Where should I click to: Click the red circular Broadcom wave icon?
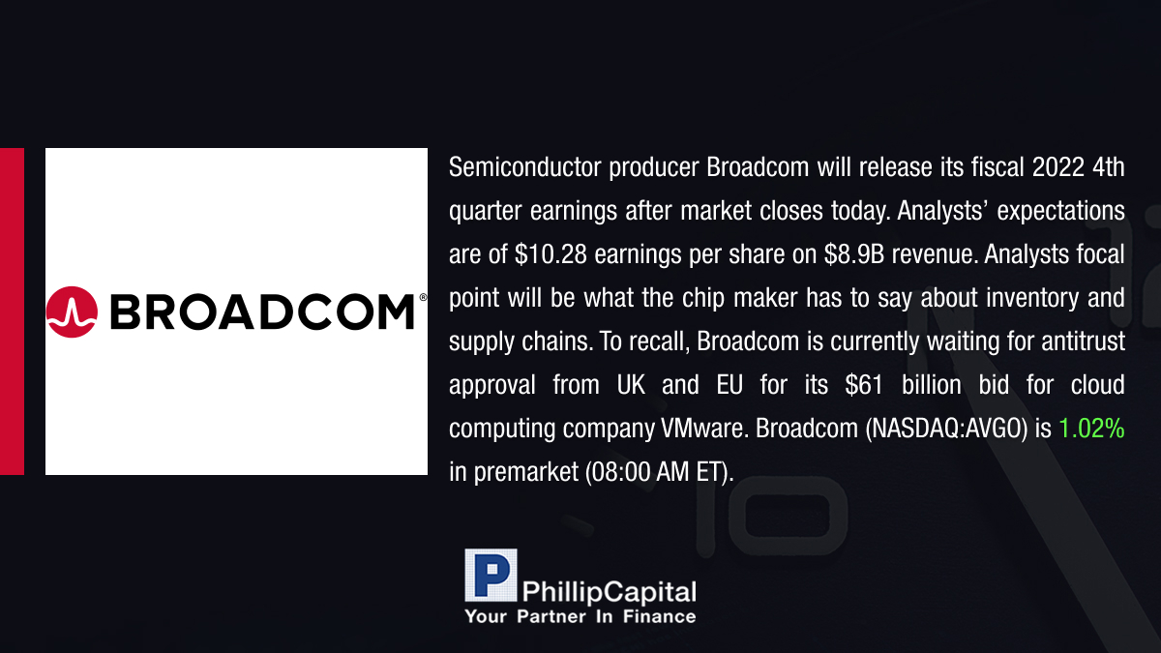tap(72, 312)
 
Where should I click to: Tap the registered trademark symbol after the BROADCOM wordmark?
tap(423, 297)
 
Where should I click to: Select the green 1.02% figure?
tap(1091, 429)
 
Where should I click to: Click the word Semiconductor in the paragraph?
tap(524, 167)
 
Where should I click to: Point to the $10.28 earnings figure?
tap(551, 254)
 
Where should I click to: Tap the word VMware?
tap(704, 429)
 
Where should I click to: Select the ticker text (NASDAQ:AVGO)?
tap(946, 429)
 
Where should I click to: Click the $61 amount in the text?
tap(863, 385)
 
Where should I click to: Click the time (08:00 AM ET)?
tap(659, 472)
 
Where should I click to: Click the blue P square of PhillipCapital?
tap(491, 575)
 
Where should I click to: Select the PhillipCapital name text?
tap(609, 592)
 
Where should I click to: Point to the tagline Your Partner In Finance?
tap(580, 616)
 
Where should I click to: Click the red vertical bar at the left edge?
tap(12, 312)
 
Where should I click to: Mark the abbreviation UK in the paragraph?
tap(631, 385)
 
